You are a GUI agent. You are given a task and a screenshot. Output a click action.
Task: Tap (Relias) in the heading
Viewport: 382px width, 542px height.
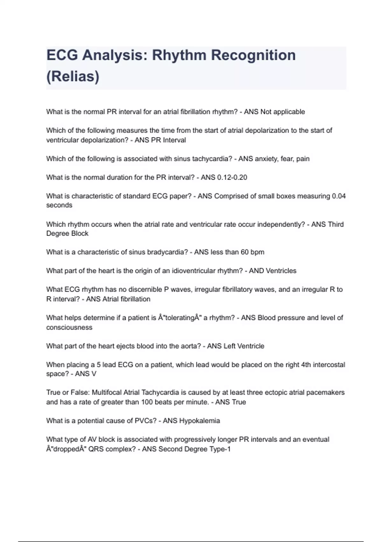(x=73, y=77)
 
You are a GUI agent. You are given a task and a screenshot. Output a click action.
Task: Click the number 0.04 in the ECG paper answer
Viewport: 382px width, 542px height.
(x=339, y=196)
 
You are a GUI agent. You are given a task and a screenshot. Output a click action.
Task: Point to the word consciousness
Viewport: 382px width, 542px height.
(x=69, y=327)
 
